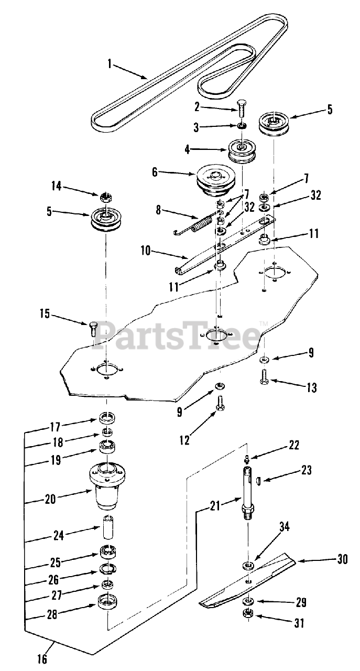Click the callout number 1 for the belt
coord(110,64)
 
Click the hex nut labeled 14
coord(106,197)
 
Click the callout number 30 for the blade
coord(342,559)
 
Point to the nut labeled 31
coord(248,614)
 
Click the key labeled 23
coord(259,479)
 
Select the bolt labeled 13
coord(264,376)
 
